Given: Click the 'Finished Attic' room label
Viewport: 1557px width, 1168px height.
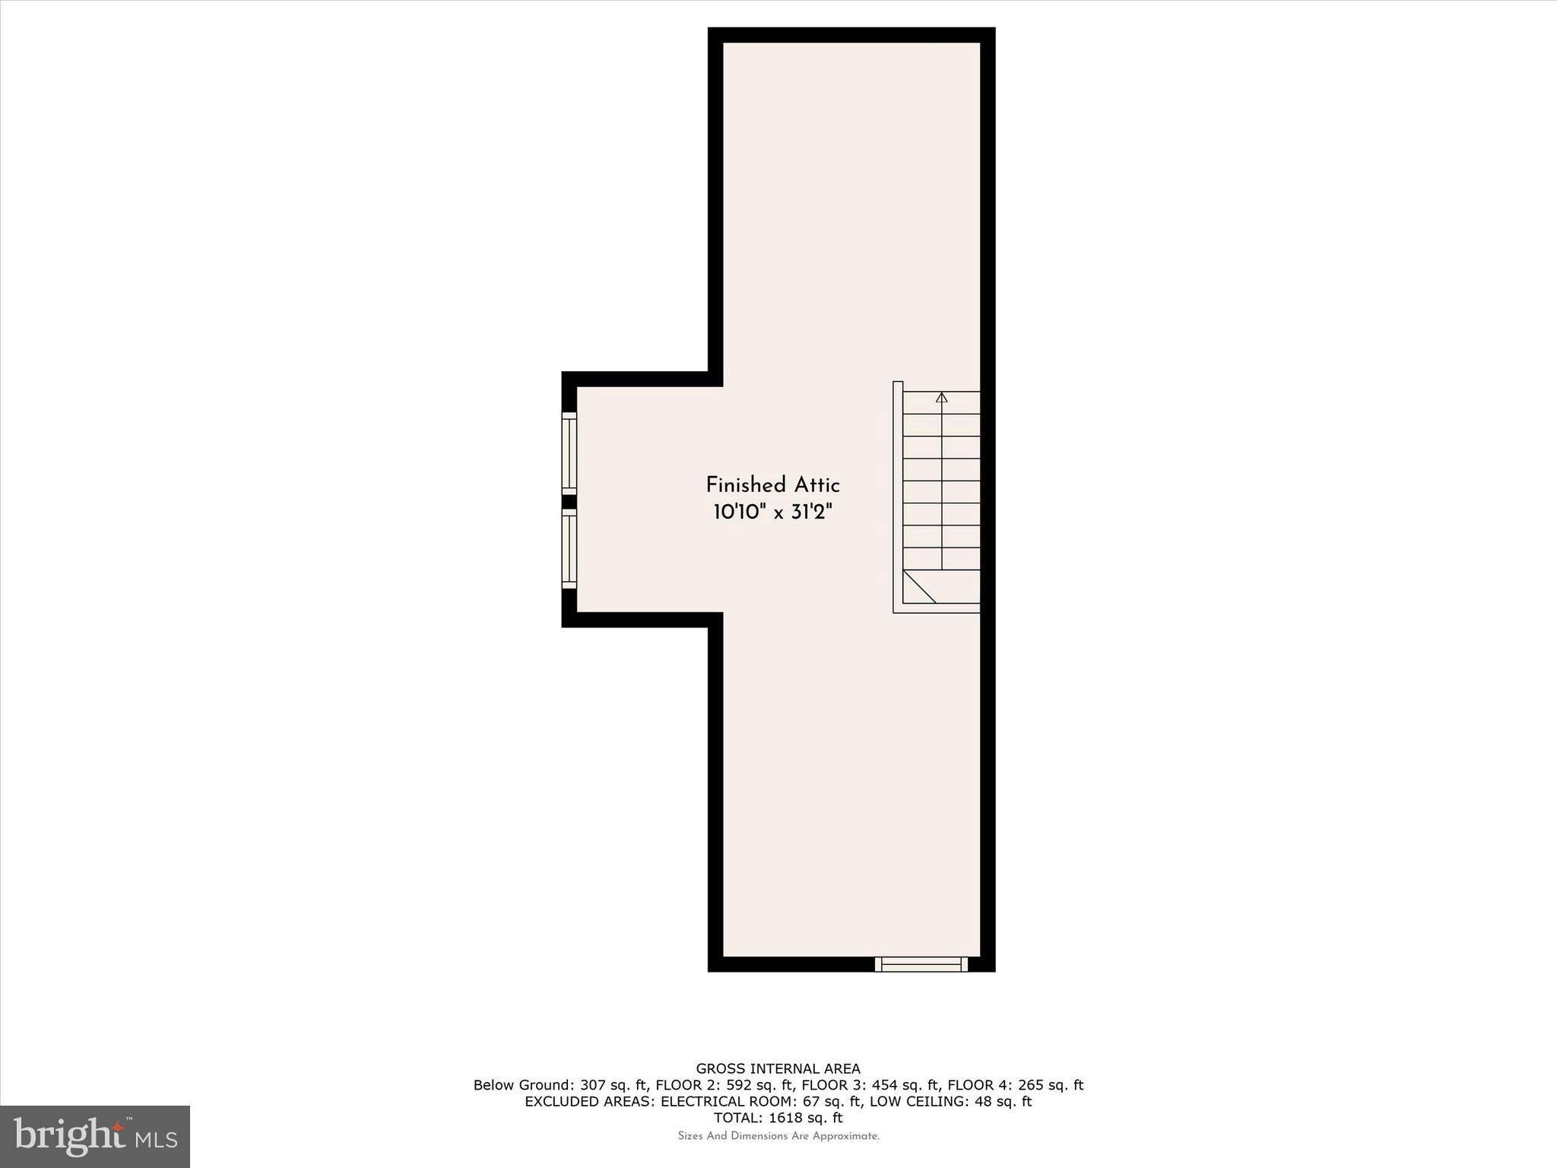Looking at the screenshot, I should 772,485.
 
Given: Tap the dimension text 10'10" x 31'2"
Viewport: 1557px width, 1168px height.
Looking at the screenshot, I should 772,513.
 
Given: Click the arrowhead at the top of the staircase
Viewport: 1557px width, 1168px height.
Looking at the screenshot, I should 942,397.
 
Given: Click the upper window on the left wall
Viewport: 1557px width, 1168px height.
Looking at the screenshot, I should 569,453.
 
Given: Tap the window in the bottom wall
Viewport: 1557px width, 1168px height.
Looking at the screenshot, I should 921,964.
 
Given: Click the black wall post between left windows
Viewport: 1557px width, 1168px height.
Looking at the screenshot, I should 569,502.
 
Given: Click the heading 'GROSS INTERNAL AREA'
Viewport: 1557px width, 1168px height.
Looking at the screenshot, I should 778,1069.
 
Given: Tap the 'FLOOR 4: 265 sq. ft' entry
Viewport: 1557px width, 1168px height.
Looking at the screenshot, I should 1014,1085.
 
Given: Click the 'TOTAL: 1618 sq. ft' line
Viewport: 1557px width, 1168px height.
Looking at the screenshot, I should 778,1118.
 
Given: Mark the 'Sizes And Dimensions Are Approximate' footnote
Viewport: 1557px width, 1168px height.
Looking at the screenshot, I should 778,1136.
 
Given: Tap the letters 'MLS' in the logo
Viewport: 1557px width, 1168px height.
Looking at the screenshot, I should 157,1140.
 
